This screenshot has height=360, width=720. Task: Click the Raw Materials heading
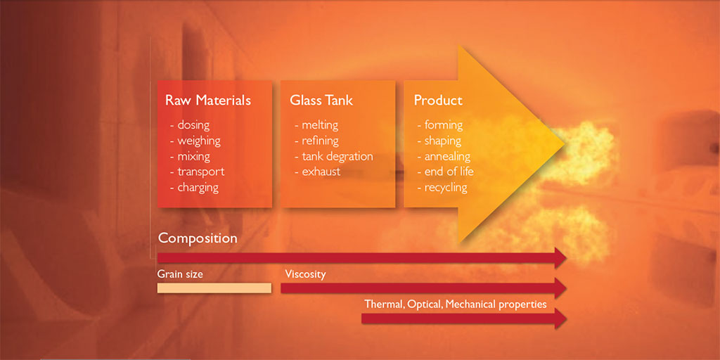(208, 101)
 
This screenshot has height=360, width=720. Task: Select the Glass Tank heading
(321, 101)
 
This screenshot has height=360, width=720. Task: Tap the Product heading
(438, 101)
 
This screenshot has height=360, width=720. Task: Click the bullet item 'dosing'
(190, 125)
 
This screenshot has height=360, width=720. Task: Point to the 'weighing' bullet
(195, 141)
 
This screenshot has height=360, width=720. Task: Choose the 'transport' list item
(197, 172)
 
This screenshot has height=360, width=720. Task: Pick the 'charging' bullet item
(194, 187)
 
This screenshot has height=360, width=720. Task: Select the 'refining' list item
(316, 141)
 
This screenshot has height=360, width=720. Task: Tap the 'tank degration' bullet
(334, 157)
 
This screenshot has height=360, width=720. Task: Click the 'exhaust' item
(317, 172)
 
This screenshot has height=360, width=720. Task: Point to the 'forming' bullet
(440, 125)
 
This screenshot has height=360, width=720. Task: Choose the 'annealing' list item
(444, 157)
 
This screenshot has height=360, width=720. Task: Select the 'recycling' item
(442, 187)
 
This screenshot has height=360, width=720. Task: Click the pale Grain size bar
(214, 288)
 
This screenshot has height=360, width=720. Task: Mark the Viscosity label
(305, 275)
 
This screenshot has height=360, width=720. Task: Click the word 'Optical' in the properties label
(423, 304)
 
